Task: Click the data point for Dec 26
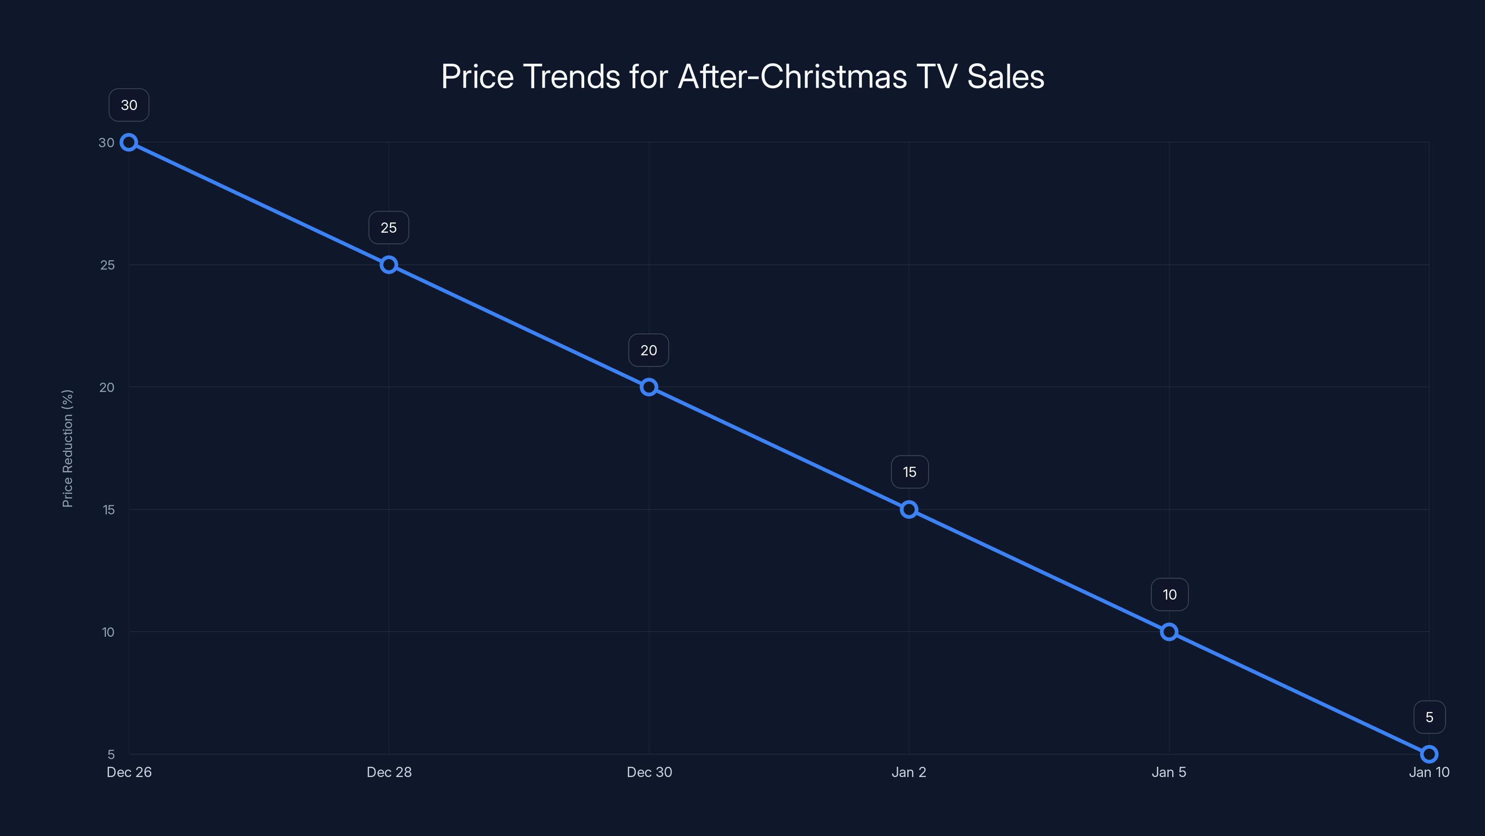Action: coord(129,143)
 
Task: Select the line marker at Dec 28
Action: coord(388,265)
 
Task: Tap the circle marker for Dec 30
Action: coord(649,387)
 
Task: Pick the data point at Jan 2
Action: coord(909,509)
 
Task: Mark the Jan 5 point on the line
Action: coord(1169,632)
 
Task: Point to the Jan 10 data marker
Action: coord(1428,754)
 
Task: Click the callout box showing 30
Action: coord(129,105)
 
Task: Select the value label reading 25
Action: coord(388,228)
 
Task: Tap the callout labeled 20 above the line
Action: coord(649,350)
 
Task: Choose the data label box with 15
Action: coord(909,472)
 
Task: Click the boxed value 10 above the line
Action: coord(1169,595)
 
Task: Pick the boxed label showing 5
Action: coord(1429,717)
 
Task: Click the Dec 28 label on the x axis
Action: coord(389,772)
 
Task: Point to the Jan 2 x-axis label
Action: coord(909,772)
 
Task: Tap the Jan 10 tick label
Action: coord(1428,772)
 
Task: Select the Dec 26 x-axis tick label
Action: coord(129,772)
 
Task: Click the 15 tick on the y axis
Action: coord(109,510)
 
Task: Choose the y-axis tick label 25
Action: coord(107,265)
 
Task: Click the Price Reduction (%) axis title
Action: coord(67,448)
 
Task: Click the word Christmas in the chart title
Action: coord(833,77)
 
